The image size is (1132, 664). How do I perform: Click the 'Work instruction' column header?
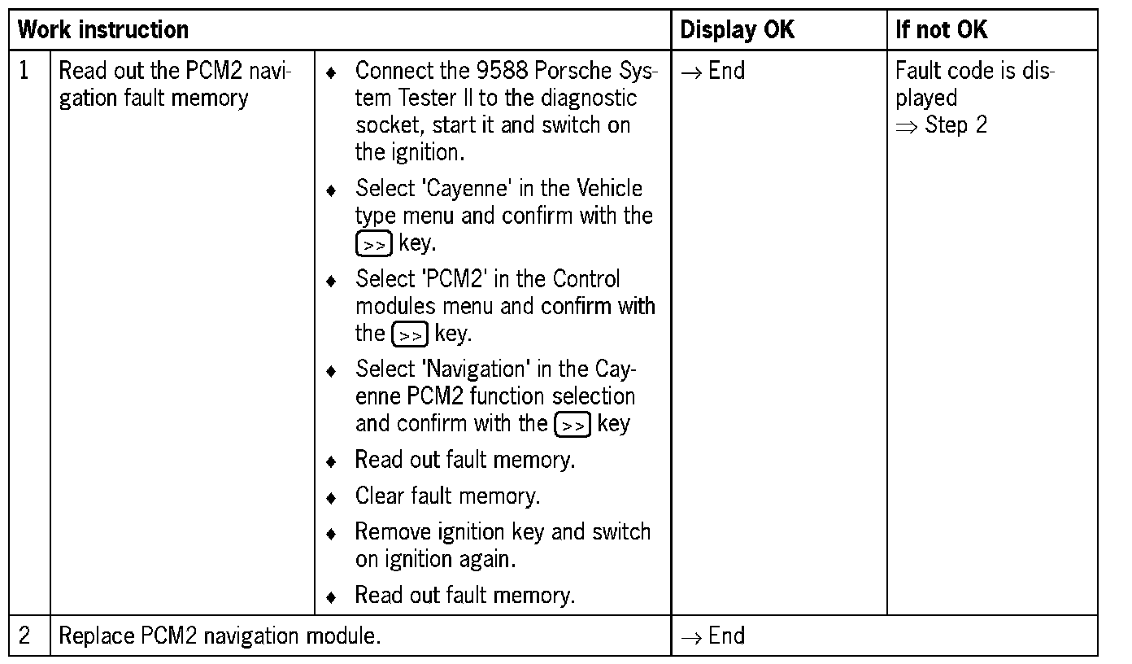click(103, 31)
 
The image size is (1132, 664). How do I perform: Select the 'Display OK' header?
click(737, 31)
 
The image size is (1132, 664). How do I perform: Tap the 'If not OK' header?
click(941, 31)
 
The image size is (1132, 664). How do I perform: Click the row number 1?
click(24, 71)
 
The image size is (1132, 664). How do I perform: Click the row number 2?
click(24, 636)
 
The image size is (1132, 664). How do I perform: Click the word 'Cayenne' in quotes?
click(466, 189)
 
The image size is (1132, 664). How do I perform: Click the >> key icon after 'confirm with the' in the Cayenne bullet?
click(373, 244)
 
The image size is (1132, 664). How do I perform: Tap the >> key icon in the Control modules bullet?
click(410, 334)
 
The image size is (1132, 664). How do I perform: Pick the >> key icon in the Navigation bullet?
click(572, 425)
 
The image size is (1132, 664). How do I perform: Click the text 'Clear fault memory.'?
click(447, 496)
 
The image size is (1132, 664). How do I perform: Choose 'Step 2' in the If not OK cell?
click(956, 125)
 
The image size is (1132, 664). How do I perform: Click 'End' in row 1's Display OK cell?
click(726, 71)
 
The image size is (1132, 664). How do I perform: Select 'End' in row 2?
click(726, 636)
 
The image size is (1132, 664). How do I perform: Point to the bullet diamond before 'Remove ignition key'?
click(331, 534)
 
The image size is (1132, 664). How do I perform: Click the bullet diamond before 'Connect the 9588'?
click(331, 73)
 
